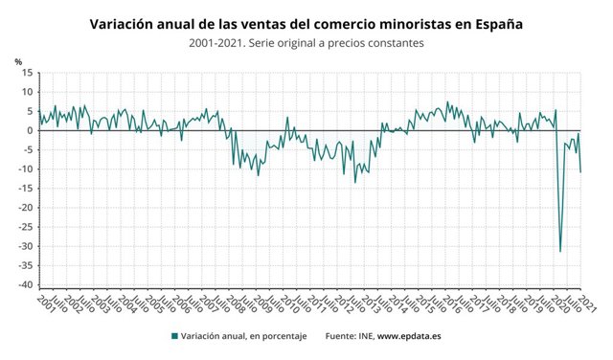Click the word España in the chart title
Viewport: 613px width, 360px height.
[494, 23]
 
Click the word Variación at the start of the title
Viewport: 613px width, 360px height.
[125, 23]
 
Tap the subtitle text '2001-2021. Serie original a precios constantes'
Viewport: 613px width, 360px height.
[306, 43]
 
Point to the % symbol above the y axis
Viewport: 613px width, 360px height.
[18, 62]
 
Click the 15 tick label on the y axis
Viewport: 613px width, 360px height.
[28, 73]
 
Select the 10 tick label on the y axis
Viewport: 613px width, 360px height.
[28, 92]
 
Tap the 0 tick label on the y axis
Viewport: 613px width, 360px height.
[31, 130]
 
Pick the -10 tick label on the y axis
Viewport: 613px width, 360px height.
[26, 169]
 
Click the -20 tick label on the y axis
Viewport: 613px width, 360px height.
[26, 208]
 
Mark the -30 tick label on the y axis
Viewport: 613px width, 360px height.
[26, 246]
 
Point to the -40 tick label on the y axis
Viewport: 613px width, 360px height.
[26, 285]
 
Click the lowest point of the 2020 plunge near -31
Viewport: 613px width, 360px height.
[560, 251]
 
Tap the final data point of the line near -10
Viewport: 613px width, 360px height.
[580, 171]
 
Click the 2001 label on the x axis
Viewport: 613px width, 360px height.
[44, 304]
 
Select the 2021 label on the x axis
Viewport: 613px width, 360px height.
[586, 304]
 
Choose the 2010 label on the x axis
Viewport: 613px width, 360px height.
[286, 304]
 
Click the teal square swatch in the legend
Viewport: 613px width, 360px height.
[174, 336]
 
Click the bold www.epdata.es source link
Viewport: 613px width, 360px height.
[409, 336]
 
